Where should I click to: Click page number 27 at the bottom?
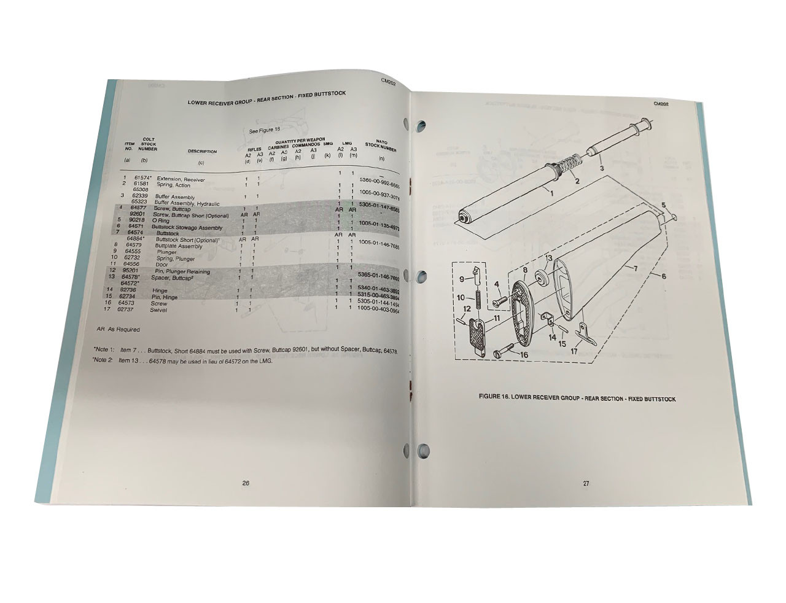(586, 483)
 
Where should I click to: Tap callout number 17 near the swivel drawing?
(574, 352)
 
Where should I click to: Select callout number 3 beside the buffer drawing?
(601, 167)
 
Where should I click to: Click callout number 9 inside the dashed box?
(462, 279)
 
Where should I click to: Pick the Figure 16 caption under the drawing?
(577, 399)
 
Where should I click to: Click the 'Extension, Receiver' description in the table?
(181, 179)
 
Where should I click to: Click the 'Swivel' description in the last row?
(158, 309)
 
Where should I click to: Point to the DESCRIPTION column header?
(202, 152)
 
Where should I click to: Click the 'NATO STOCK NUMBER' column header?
(381, 146)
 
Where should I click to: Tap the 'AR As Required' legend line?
(118, 330)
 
